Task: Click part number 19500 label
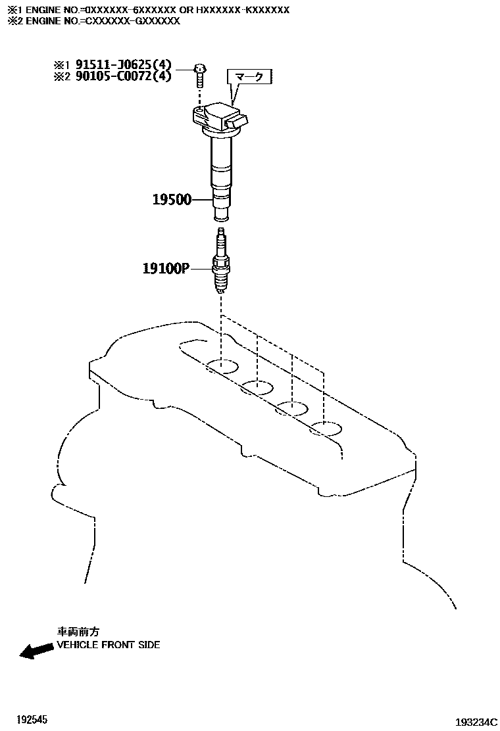[172, 199]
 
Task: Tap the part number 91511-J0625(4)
[123, 65]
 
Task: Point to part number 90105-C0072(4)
[123, 76]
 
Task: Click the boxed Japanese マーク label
[249, 78]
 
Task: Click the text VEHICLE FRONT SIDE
[108, 645]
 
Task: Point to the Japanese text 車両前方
[78, 632]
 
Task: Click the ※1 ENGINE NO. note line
[148, 10]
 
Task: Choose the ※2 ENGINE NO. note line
[93, 21]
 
